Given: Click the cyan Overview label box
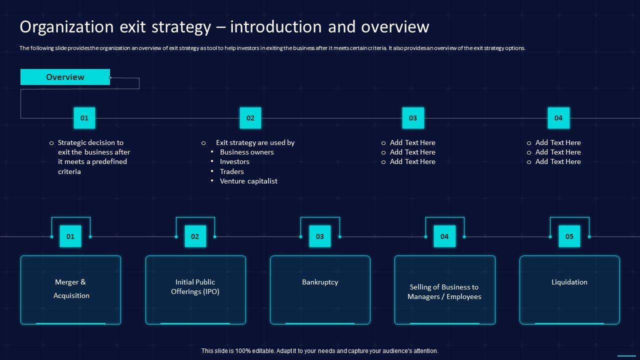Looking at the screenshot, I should [65, 77].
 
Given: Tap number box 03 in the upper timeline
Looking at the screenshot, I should [413, 118].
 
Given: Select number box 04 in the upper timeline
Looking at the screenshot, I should [558, 118].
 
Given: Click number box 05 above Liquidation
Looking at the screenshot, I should [569, 236].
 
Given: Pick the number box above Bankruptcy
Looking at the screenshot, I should [320, 236].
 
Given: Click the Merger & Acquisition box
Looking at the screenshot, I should [70, 289].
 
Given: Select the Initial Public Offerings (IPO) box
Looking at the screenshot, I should [195, 289].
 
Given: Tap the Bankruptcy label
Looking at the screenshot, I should [320, 282].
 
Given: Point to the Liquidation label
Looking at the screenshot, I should [569, 282].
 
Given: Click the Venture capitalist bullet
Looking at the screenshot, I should [248, 181].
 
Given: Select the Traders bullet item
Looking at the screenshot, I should [232, 171].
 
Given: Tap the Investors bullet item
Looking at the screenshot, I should [234, 161].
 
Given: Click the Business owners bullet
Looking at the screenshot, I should [247, 152].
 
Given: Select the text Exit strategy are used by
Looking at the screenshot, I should [255, 142].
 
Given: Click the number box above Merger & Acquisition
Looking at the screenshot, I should [70, 236].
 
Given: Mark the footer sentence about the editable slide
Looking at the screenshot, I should [320, 351].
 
